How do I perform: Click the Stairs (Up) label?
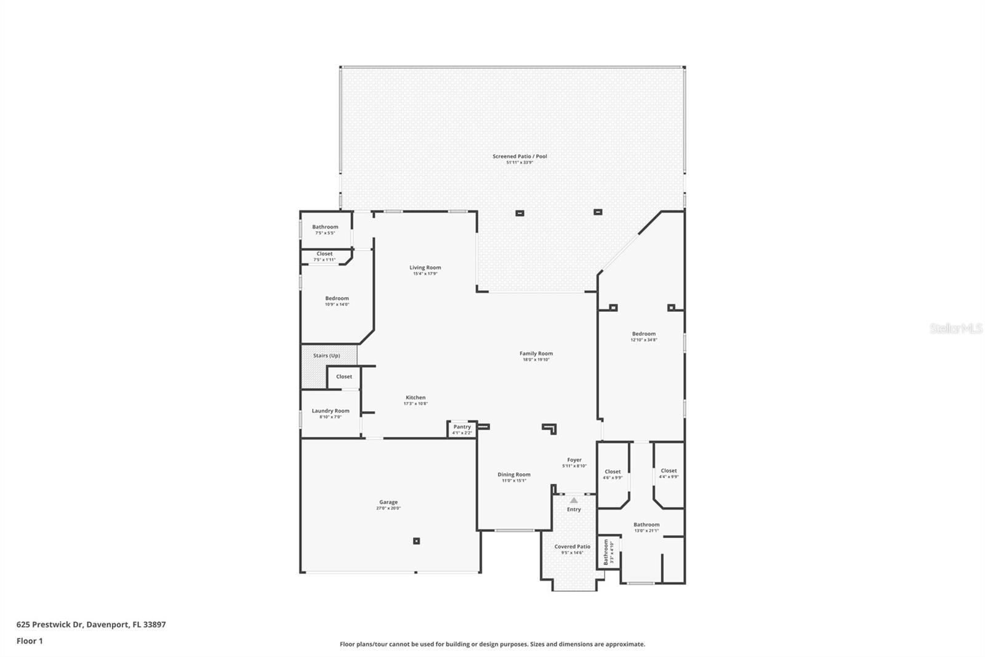(x=326, y=356)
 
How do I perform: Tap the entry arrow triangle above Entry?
(x=574, y=500)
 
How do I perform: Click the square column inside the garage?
(x=416, y=541)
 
